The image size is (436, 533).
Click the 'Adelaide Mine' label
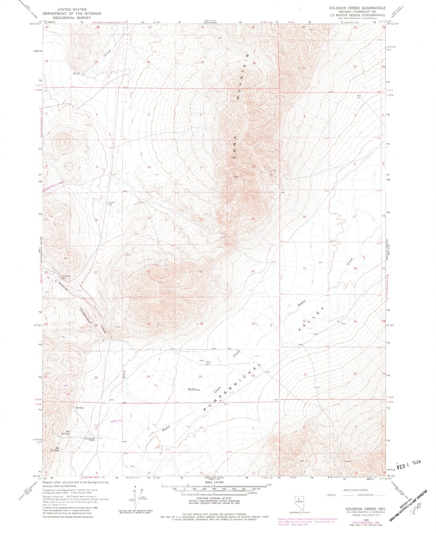click(x=66, y=277)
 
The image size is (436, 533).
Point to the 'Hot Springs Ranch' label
click(x=90, y=439)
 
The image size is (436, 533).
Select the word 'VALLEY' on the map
click(x=312, y=318)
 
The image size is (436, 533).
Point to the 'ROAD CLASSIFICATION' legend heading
click(x=356, y=490)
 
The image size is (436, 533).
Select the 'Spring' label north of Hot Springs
click(x=79, y=408)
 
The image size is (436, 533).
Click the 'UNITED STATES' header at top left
click(x=72, y=9)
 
